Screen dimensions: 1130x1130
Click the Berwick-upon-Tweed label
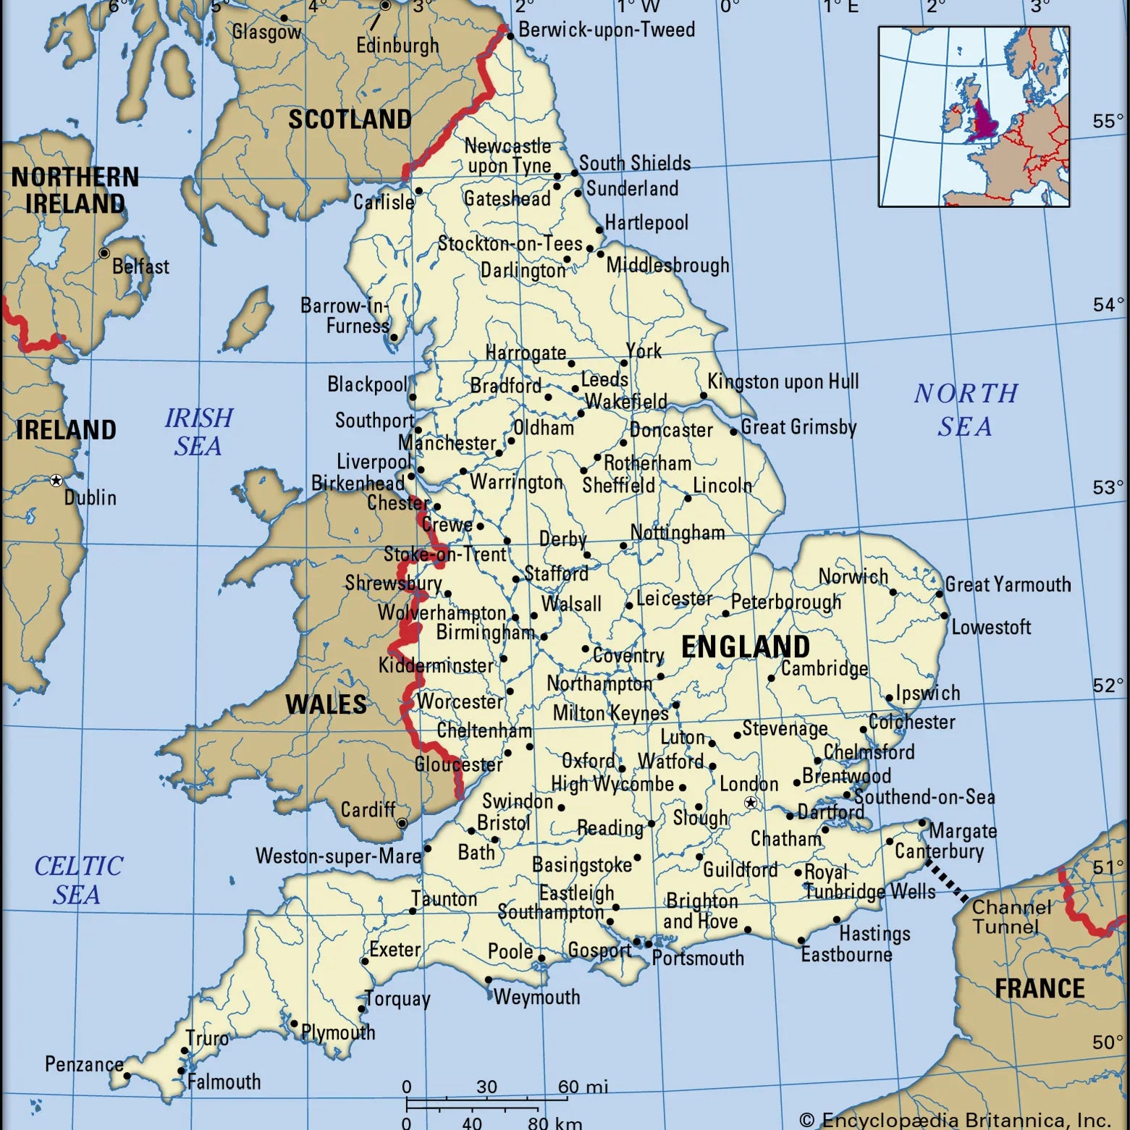coord(607,30)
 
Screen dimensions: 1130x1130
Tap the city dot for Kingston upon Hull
coord(704,396)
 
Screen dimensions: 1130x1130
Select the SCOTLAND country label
coord(350,119)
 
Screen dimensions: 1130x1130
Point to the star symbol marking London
coord(751,803)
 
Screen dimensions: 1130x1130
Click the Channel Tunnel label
coord(1011,916)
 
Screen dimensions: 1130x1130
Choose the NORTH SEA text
coord(966,410)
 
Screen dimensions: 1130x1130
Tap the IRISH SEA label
coord(198,431)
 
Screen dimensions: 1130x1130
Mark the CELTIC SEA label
coord(78,880)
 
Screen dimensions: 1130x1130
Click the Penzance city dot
coord(127,1076)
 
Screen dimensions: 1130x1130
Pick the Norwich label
coord(853,576)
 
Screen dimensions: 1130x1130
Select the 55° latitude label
coord(1108,121)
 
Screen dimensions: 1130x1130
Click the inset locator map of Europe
coord(974,117)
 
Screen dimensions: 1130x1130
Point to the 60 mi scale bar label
coord(583,1087)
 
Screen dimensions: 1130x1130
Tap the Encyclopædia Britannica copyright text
coord(955,1120)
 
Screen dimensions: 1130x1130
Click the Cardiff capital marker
coord(402,823)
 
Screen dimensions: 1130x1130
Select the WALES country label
coord(326,704)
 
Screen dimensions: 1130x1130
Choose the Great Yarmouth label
coord(1008,584)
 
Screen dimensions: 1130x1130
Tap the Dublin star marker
coord(56,480)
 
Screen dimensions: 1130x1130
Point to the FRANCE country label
coord(1040,988)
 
